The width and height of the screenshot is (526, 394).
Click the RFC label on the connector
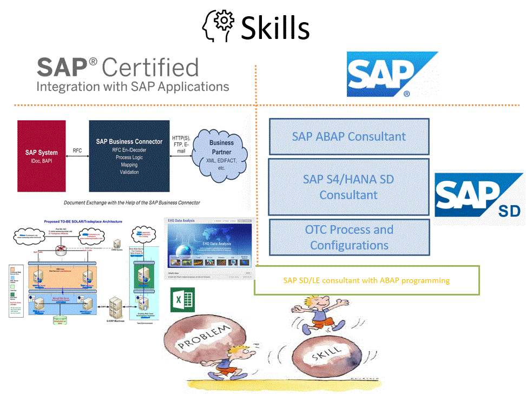77,150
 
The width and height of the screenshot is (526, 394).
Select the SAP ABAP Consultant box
349,136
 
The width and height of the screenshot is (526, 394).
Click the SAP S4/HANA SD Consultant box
349,186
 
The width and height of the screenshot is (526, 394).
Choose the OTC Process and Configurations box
349,237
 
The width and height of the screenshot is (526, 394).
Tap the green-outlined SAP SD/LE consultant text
366,280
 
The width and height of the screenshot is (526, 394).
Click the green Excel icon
182,300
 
